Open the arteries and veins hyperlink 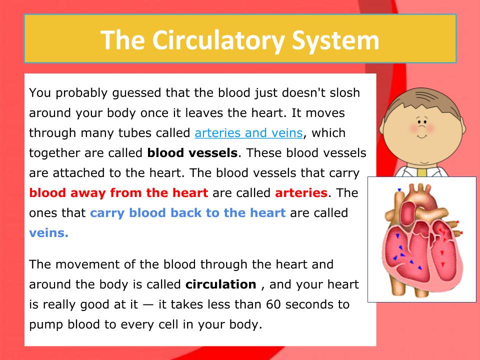click(x=248, y=133)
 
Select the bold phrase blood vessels click(x=192, y=152)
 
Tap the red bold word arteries click(x=301, y=192)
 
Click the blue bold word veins click(x=48, y=232)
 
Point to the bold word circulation click(x=220, y=284)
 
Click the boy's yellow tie click(x=422, y=172)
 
